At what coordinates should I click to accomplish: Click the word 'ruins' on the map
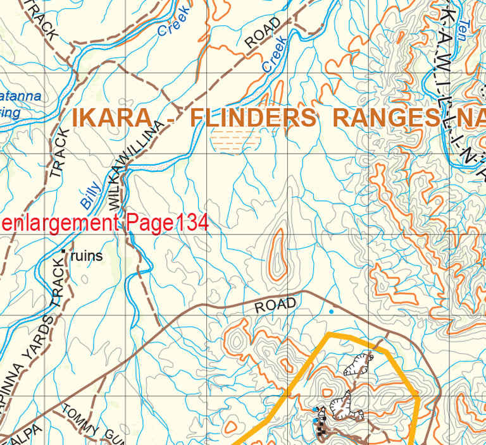click(x=86, y=256)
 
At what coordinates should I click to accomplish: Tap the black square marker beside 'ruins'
click(x=64, y=251)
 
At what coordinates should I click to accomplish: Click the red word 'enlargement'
click(x=59, y=223)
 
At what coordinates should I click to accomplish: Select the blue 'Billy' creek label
click(x=90, y=195)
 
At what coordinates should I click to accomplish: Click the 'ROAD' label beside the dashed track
click(x=263, y=33)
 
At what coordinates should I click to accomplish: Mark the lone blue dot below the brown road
click(x=331, y=311)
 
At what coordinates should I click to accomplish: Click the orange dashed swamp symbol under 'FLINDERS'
click(x=234, y=140)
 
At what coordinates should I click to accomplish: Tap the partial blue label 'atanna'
click(x=20, y=97)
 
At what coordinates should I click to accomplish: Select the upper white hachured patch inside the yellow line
click(x=359, y=365)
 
